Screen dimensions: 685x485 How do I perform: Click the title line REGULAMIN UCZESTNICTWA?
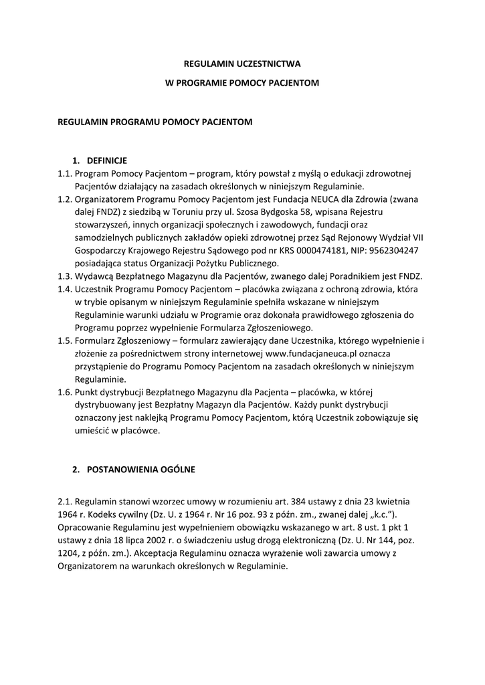[x=242, y=64]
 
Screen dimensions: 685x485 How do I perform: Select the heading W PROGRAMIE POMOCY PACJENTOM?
[x=242, y=83]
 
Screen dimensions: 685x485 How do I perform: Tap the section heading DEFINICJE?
[x=106, y=161]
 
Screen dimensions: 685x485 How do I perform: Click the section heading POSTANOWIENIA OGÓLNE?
[x=141, y=470]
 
